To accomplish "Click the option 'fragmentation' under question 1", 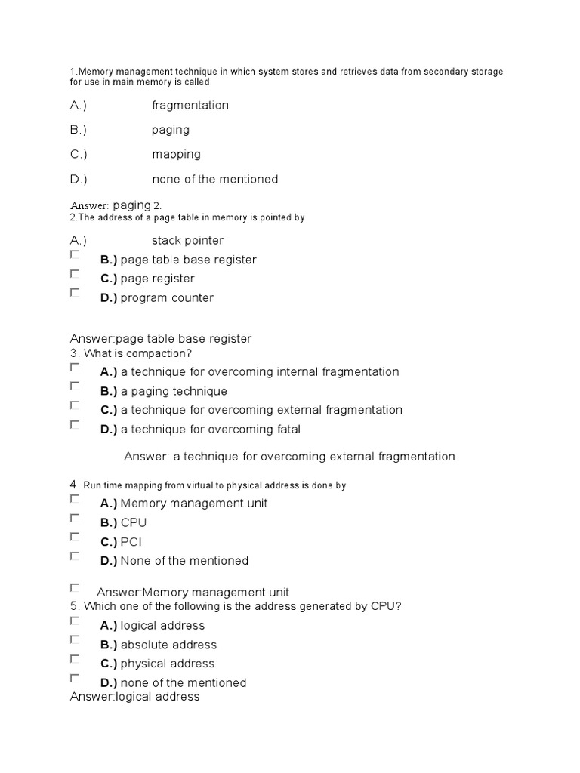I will coord(190,105).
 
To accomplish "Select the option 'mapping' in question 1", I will coord(176,154).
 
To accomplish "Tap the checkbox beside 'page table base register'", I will coord(75,255).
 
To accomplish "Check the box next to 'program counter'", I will coord(75,293).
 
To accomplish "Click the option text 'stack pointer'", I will coord(187,240).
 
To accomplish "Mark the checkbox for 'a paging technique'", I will coord(75,386).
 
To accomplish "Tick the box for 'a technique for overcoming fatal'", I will coord(75,424).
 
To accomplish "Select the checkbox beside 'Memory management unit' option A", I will coord(75,499).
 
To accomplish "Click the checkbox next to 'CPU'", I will coord(75,518).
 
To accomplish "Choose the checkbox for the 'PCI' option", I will coord(75,537).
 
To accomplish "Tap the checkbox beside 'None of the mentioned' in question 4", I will coord(75,556).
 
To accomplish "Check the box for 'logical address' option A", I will coord(75,621).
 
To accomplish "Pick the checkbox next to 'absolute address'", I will coord(75,639).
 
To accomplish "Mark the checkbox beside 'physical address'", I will coord(75,658).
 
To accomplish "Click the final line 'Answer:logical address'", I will coord(134,696).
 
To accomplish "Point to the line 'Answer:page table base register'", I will coord(160,339).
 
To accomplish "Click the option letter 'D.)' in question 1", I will coord(79,179).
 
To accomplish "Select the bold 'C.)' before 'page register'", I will coord(109,279).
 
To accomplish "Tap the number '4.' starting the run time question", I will coord(75,485).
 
